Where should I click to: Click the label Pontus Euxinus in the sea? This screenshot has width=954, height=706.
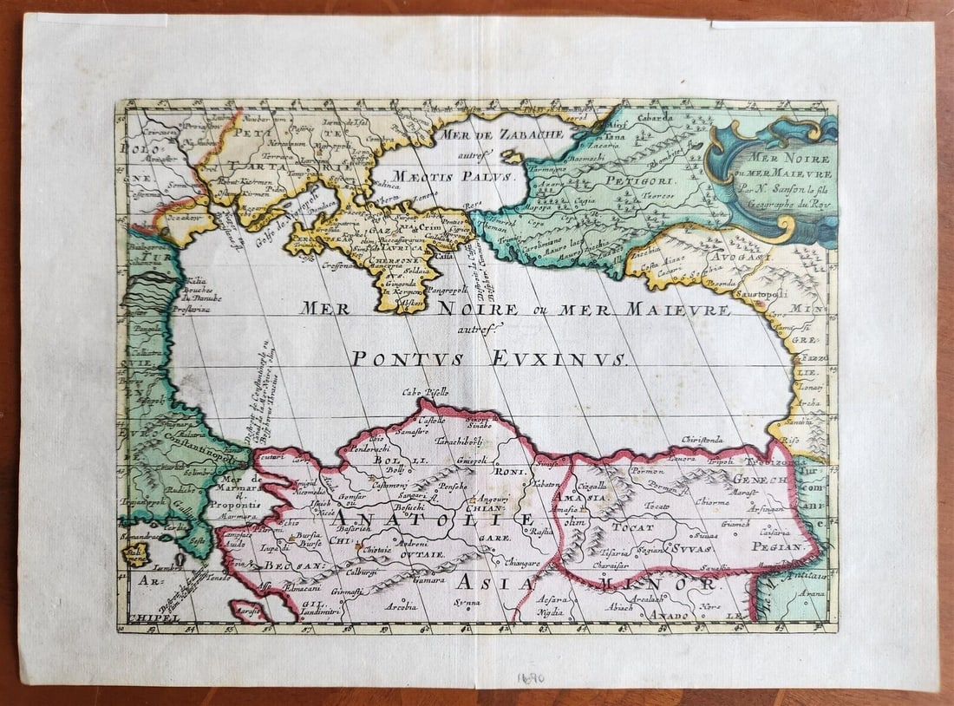[488, 358]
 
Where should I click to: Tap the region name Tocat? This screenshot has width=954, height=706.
[632, 526]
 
